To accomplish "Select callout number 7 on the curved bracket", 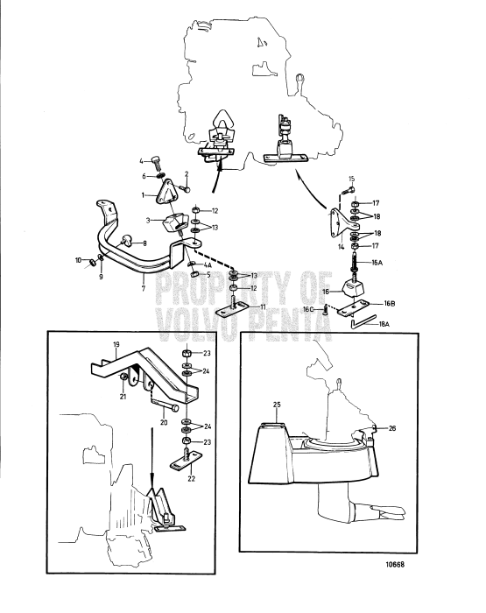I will click(143, 286).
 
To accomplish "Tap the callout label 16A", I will click(378, 261).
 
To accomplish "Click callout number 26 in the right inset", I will click(391, 428).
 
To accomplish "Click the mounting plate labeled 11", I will click(239, 306).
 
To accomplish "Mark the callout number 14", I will click(339, 248).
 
